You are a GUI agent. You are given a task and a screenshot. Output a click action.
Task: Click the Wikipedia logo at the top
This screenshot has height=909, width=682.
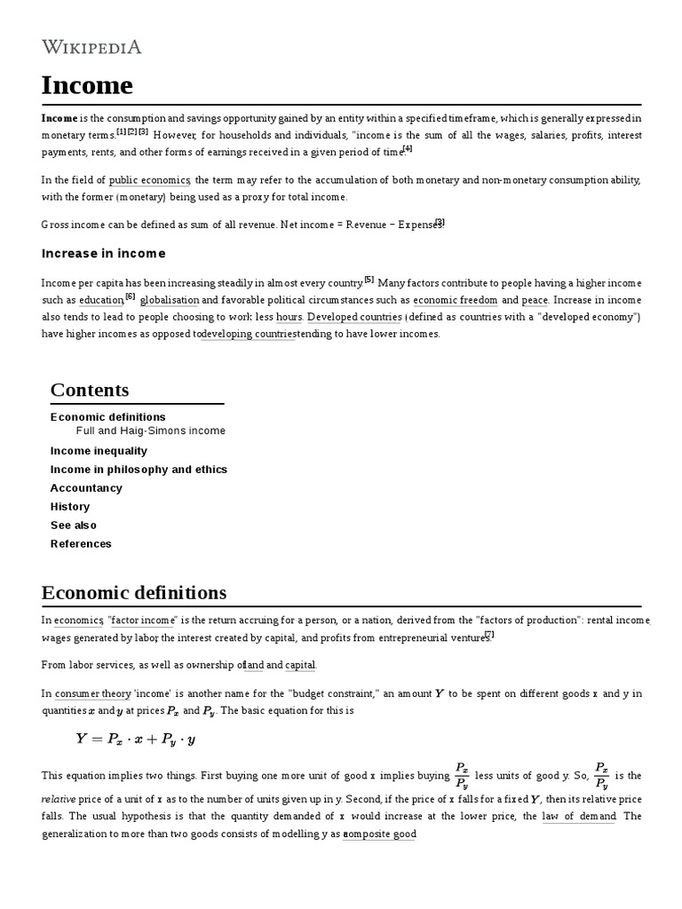[x=91, y=46]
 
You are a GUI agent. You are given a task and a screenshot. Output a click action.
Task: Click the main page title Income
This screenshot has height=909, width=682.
[x=87, y=86]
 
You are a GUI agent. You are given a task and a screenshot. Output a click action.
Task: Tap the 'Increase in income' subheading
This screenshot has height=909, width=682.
[x=103, y=254]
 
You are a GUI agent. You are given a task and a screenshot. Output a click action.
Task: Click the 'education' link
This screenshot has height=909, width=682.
[x=100, y=301]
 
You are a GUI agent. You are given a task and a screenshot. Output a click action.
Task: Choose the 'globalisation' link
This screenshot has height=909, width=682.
[x=170, y=301]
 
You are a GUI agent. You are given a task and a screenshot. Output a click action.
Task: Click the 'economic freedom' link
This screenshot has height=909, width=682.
[x=455, y=301]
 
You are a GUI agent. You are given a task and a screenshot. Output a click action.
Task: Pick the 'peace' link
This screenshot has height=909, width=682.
[x=535, y=301]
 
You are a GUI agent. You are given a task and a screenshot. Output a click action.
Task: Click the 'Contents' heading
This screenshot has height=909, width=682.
[x=90, y=390]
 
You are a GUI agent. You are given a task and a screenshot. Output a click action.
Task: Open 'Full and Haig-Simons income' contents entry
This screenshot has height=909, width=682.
[x=151, y=431]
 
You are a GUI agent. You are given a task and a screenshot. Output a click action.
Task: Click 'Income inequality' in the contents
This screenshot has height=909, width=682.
[x=99, y=451]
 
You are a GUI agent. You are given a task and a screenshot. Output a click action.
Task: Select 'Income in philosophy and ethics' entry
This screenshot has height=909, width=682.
[x=139, y=470]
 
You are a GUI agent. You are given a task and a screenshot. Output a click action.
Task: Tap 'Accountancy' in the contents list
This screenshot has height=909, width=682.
[x=86, y=488]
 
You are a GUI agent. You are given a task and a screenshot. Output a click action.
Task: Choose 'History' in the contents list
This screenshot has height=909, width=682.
[x=70, y=507]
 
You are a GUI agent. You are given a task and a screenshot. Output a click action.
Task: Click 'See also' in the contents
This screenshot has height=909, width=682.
[x=74, y=526]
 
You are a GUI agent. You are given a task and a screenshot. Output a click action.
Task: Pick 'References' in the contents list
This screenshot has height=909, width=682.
[x=81, y=544]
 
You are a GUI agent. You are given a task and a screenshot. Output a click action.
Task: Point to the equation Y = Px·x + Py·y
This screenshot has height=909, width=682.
[x=136, y=739]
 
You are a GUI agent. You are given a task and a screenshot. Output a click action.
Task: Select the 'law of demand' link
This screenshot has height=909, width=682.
[x=578, y=817]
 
